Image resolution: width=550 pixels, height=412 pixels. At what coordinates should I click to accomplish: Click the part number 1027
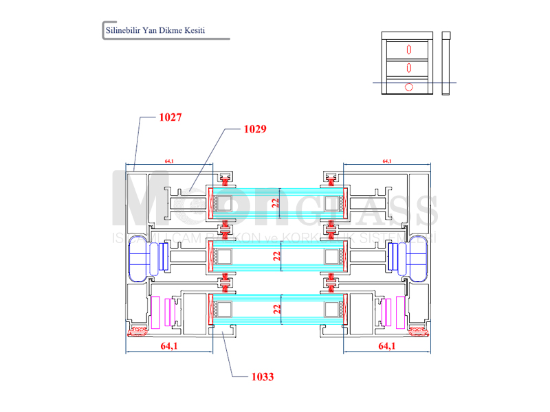pyautogui.click(x=170, y=117)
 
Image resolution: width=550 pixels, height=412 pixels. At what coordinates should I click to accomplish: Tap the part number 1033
pyautogui.click(x=263, y=376)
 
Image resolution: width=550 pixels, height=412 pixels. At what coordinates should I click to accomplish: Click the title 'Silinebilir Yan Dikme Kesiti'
pyautogui.click(x=155, y=31)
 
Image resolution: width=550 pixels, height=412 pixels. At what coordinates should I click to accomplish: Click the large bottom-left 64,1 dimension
pyautogui.click(x=169, y=347)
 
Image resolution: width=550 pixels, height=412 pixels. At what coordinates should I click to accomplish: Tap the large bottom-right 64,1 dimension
pyautogui.click(x=387, y=347)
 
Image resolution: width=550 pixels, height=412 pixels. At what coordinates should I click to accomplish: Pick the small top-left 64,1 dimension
pyautogui.click(x=169, y=161)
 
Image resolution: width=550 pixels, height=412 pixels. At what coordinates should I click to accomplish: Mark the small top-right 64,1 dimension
pyautogui.click(x=386, y=161)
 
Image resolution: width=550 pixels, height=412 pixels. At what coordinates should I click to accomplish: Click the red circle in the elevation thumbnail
pyautogui.click(x=409, y=87)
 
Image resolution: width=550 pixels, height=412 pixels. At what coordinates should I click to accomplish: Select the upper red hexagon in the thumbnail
pyautogui.click(x=409, y=49)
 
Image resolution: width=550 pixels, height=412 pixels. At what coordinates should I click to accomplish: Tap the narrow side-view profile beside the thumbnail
pyautogui.click(x=446, y=62)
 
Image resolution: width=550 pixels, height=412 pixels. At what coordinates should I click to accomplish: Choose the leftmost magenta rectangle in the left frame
pyautogui.click(x=155, y=311)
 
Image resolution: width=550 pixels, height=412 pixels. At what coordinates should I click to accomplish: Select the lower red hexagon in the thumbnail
pyautogui.click(x=409, y=67)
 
